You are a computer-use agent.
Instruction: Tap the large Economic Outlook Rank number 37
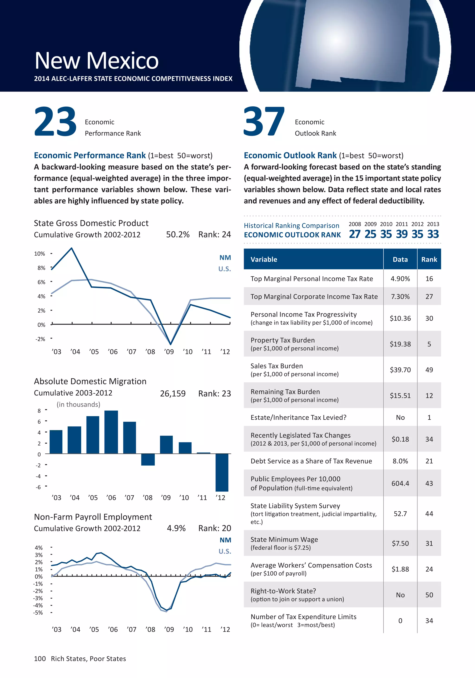click(264, 122)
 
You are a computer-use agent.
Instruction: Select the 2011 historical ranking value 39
click(402, 234)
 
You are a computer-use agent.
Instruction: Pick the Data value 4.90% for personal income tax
click(400, 279)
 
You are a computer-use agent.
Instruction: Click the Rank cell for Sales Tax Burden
click(429, 370)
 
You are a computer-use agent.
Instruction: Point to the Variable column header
click(264, 259)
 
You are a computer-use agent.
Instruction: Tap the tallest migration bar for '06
click(111, 432)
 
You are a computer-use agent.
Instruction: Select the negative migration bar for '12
click(222, 472)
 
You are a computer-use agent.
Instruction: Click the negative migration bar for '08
click(148, 459)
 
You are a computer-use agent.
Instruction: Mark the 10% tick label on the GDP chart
click(40, 254)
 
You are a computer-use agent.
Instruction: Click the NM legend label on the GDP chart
click(225, 257)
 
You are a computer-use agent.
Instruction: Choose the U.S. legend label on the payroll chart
click(225, 551)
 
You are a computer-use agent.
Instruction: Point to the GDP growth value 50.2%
click(178, 234)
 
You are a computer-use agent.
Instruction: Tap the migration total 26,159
click(173, 394)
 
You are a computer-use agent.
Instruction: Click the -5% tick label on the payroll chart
click(38, 612)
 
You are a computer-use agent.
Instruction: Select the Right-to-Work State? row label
click(283, 591)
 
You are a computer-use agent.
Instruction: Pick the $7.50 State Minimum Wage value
click(400, 543)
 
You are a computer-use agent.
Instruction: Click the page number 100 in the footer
click(40, 659)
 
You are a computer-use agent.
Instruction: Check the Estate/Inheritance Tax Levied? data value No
click(400, 417)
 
